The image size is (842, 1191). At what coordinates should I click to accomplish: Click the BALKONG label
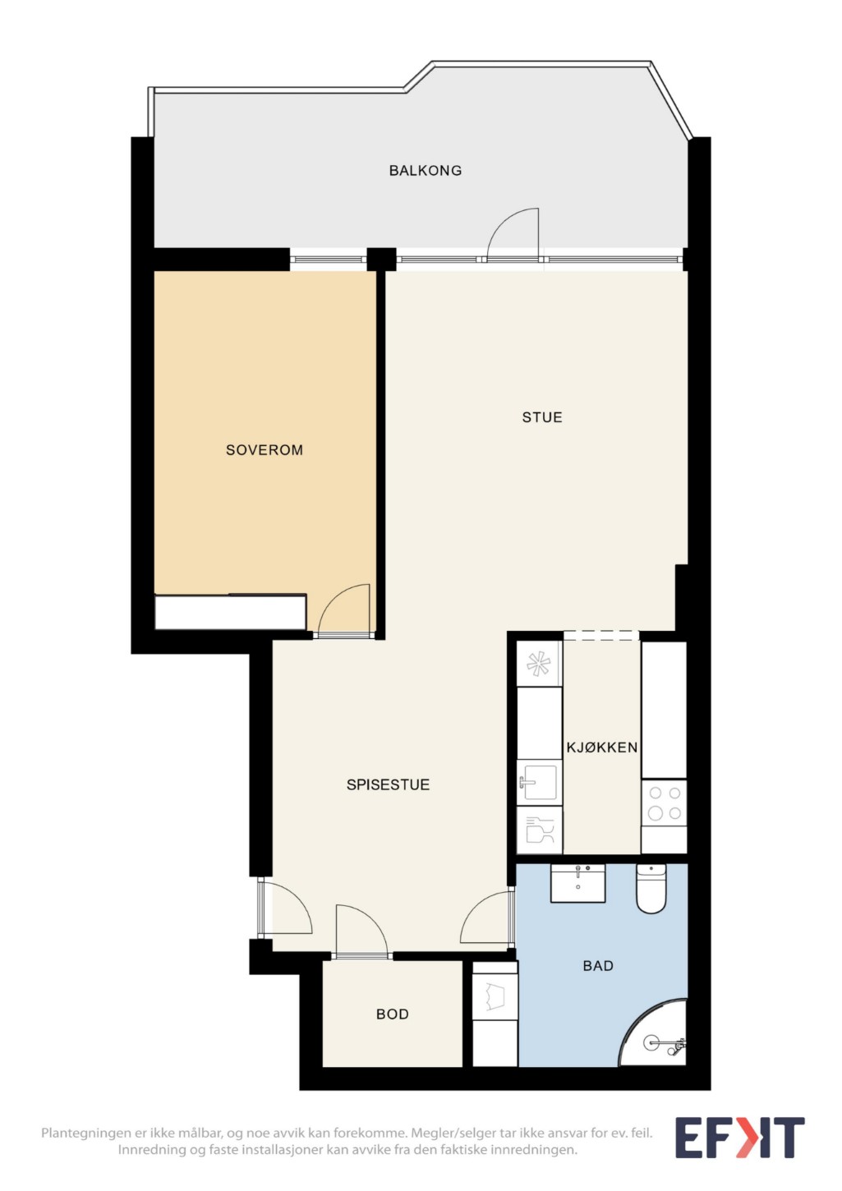[425, 171]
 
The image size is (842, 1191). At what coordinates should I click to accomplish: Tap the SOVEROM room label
[265, 450]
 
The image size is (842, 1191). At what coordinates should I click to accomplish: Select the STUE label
[542, 417]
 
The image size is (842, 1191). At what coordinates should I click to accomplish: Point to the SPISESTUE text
[388, 784]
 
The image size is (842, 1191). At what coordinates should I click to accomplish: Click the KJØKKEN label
[601, 747]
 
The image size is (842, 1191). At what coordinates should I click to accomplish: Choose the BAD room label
[598, 966]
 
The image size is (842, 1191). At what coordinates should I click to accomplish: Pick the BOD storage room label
[393, 1014]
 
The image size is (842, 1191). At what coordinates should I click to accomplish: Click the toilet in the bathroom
[651, 889]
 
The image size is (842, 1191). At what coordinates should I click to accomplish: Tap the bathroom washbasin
[577, 883]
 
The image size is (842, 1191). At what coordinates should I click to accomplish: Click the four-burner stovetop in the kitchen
[665, 803]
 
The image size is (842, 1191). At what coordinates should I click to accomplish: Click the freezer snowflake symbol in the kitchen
[538, 664]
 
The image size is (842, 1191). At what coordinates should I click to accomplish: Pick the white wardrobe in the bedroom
[230, 612]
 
